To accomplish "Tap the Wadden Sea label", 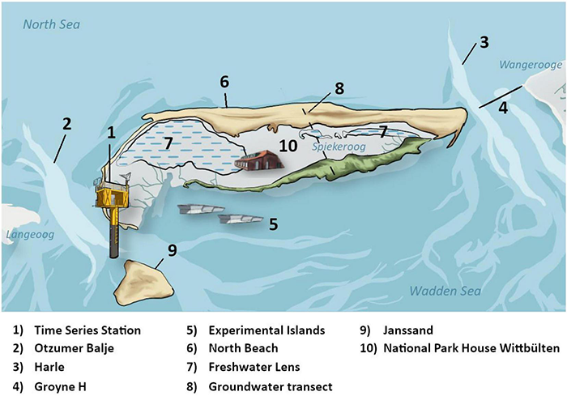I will tap(445, 292).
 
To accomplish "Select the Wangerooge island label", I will tap(530, 63).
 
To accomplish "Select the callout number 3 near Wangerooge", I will tap(484, 41).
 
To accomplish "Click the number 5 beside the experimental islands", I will tap(274, 224).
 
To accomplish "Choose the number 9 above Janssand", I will tap(172, 249).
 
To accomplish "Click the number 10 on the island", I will tap(289, 147).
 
